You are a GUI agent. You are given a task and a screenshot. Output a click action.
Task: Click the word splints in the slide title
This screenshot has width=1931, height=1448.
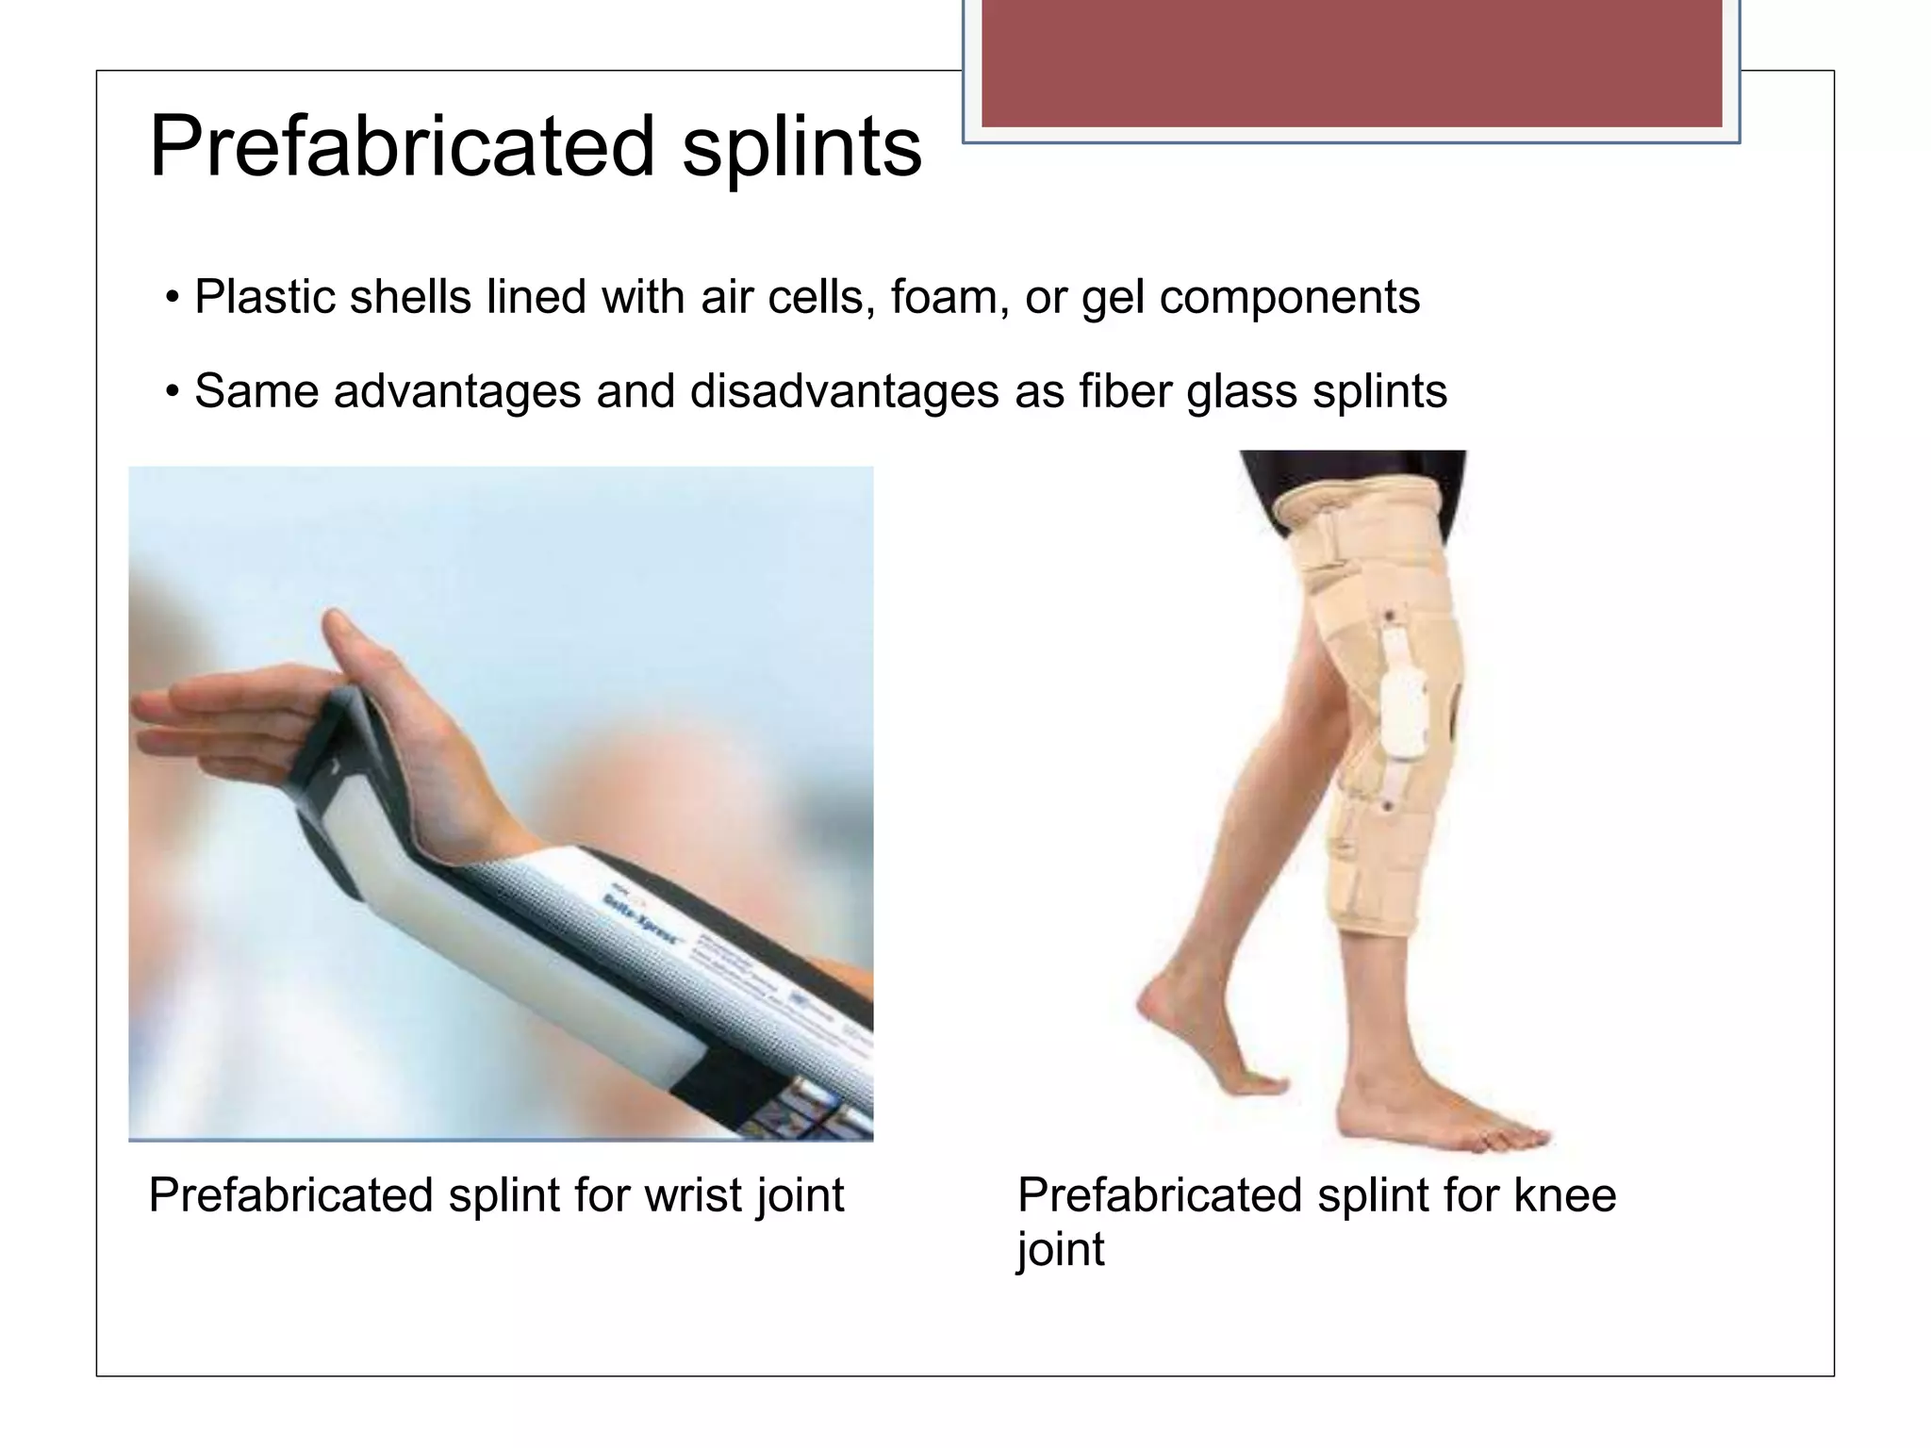(801, 148)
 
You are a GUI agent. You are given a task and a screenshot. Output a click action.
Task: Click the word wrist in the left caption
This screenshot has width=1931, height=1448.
(685, 1195)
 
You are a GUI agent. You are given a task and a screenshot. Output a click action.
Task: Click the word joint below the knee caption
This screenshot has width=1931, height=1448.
(1061, 1250)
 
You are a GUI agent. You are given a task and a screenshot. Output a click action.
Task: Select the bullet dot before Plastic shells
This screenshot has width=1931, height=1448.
(172, 299)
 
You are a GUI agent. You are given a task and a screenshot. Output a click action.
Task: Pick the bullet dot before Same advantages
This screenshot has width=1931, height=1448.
(172, 392)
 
